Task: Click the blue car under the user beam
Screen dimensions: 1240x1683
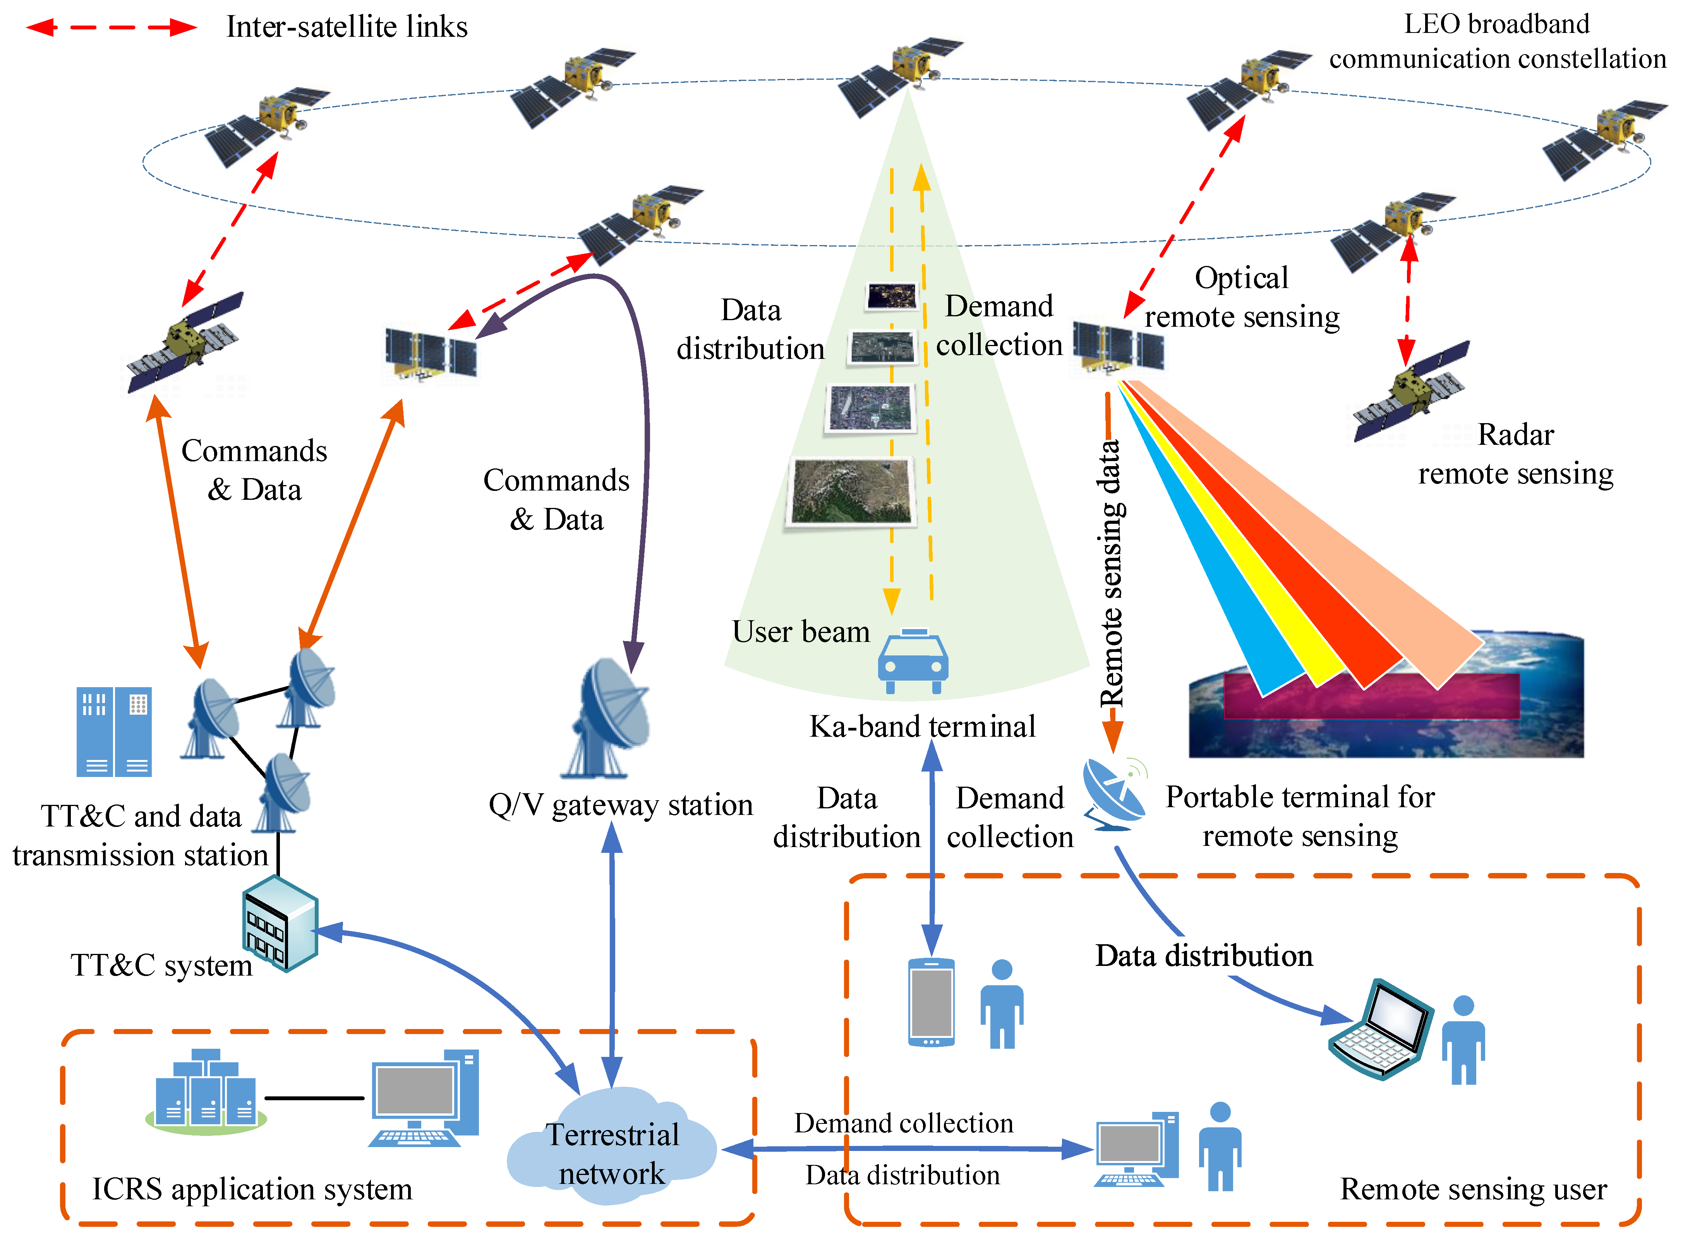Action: (x=913, y=662)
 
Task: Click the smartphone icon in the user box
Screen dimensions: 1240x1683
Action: (x=931, y=1002)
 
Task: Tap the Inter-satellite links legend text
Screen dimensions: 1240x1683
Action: (x=347, y=27)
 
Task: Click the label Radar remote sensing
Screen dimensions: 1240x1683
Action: (x=1515, y=454)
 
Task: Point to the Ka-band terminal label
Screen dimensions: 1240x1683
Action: (x=922, y=727)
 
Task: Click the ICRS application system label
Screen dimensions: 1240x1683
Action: (x=252, y=1189)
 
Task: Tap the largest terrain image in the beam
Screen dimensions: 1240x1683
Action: (x=851, y=492)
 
